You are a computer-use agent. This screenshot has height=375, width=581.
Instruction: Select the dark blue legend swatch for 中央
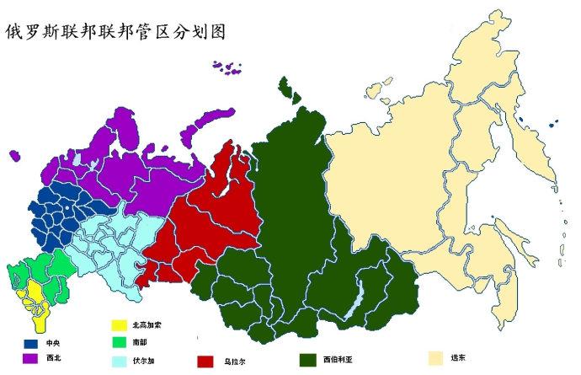(x=32, y=344)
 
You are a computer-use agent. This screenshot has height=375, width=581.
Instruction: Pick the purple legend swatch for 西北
(x=32, y=359)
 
